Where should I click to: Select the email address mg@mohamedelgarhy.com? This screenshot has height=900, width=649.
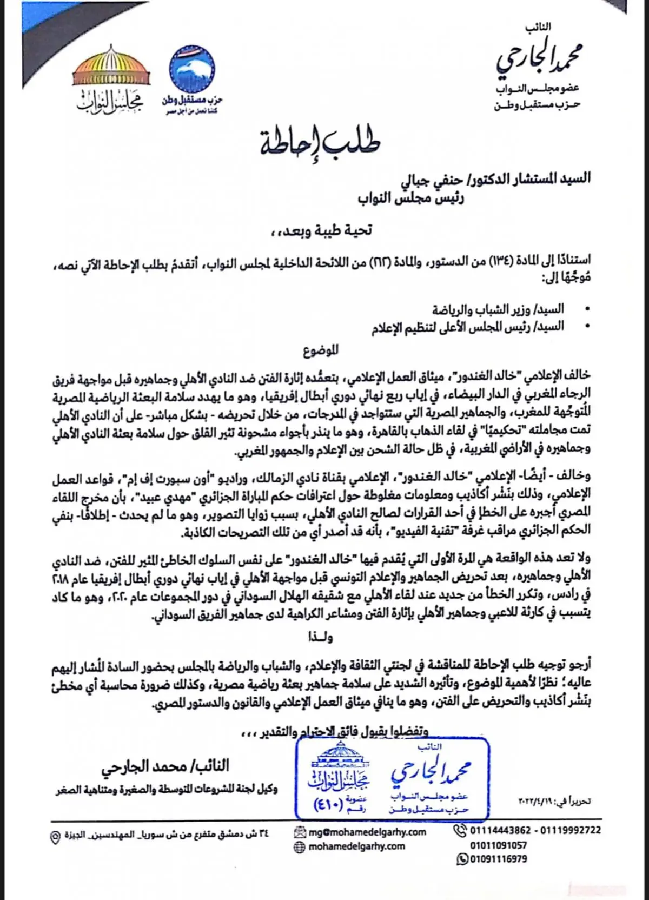(x=367, y=832)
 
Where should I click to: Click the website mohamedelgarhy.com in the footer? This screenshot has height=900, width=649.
(x=356, y=846)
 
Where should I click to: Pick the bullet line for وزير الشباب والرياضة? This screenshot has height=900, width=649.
(x=498, y=310)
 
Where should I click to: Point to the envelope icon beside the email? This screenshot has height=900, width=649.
(x=300, y=832)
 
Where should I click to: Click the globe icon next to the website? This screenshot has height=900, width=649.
(x=300, y=846)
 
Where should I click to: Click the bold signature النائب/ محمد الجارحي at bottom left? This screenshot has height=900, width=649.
(x=164, y=766)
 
